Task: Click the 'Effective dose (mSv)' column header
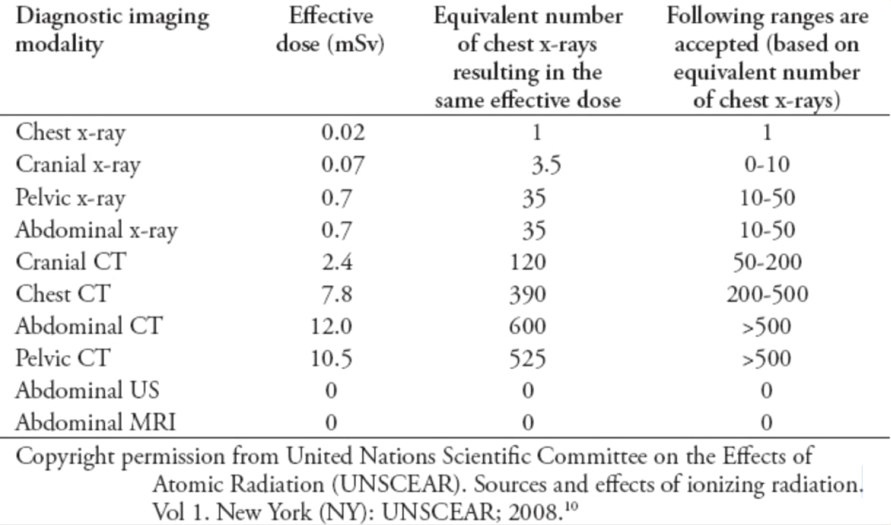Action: [x=330, y=30]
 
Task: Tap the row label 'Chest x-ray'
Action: [x=70, y=132]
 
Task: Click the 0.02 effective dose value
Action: [x=343, y=132]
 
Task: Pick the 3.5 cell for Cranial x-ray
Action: [x=545, y=165]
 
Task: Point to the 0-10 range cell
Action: [x=767, y=165]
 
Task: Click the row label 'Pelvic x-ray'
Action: [x=70, y=197]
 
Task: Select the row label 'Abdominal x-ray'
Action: [x=96, y=230]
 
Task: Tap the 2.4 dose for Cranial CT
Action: [x=337, y=262]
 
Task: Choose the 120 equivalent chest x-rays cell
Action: [x=527, y=262]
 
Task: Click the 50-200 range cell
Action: [x=767, y=262]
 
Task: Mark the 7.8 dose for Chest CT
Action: [x=337, y=294]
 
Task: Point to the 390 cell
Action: [x=527, y=294]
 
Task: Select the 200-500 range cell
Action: [x=767, y=294]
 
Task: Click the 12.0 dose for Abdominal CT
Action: [x=331, y=326]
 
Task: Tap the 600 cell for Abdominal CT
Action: [x=527, y=326]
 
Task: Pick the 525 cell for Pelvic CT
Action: [x=527, y=359]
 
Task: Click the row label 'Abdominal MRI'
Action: [x=95, y=422]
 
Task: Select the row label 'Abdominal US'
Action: [x=87, y=390]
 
